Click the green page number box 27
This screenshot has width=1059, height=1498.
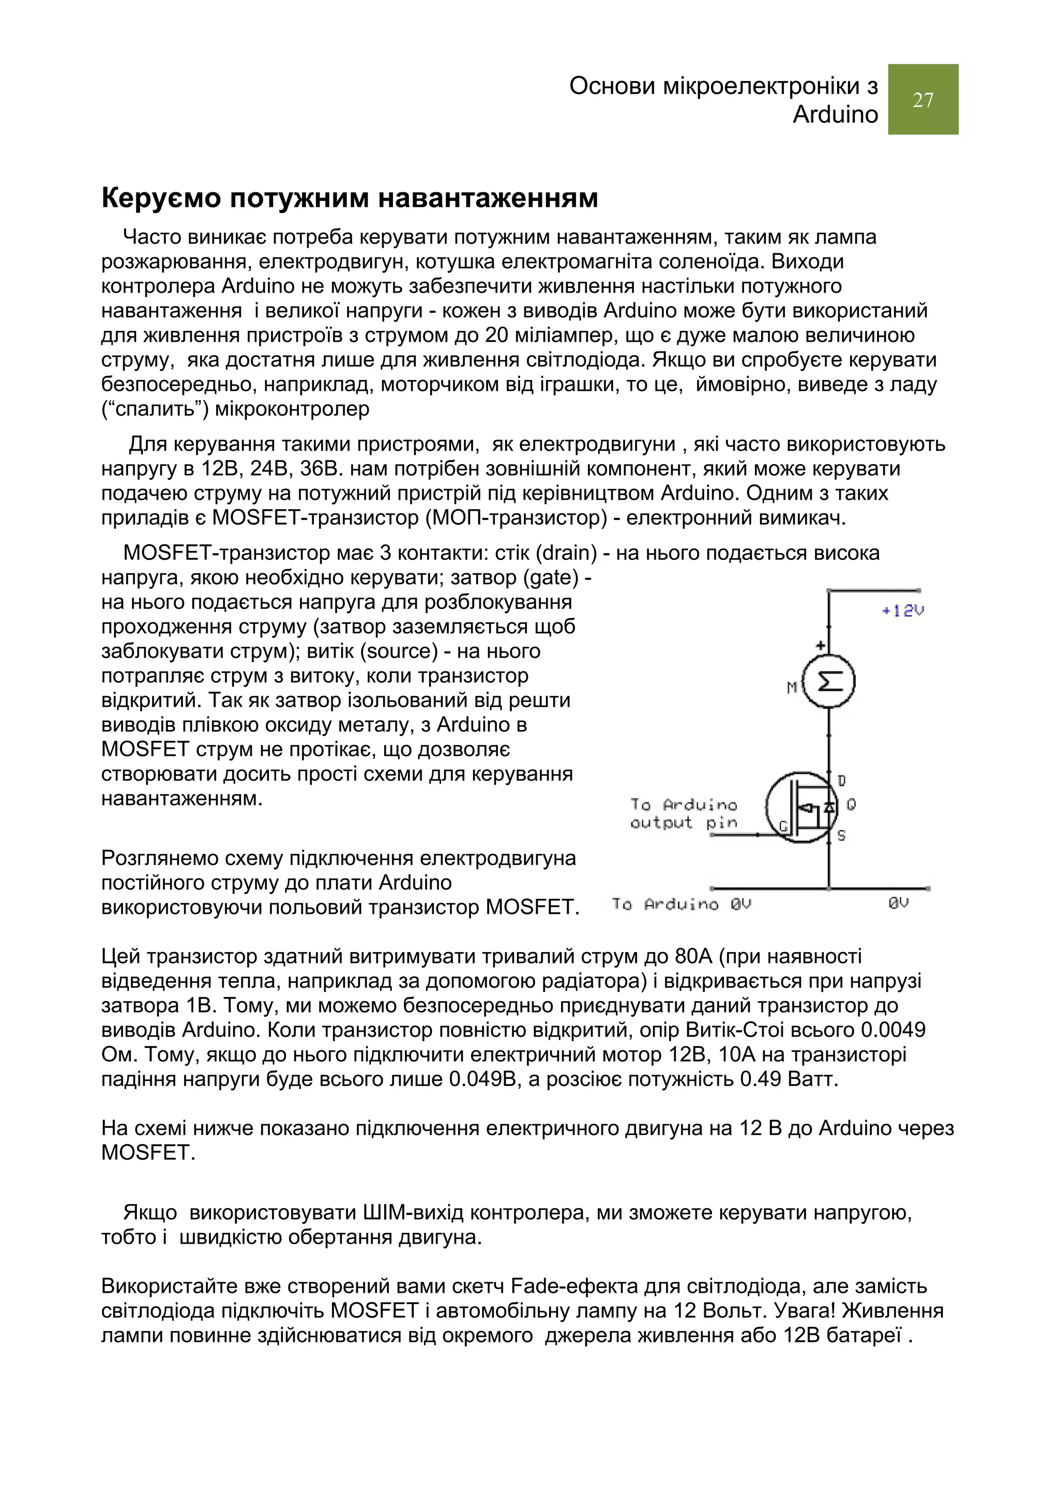pyautogui.click(x=922, y=99)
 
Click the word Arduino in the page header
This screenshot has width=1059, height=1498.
pyautogui.click(x=835, y=115)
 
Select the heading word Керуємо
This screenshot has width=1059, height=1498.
pyautogui.click(x=161, y=198)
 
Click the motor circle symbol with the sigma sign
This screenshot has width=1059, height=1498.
pyautogui.click(x=829, y=682)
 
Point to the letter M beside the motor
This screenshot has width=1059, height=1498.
pyautogui.click(x=792, y=687)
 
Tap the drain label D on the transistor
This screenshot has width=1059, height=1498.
pyautogui.click(x=842, y=781)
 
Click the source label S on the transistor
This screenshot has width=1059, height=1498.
pyautogui.click(x=842, y=835)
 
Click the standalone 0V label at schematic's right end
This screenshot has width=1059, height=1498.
pyautogui.click(x=899, y=904)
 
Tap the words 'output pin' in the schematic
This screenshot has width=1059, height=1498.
pyautogui.click(x=683, y=823)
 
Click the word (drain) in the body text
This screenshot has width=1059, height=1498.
pyautogui.click(x=566, y=553)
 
